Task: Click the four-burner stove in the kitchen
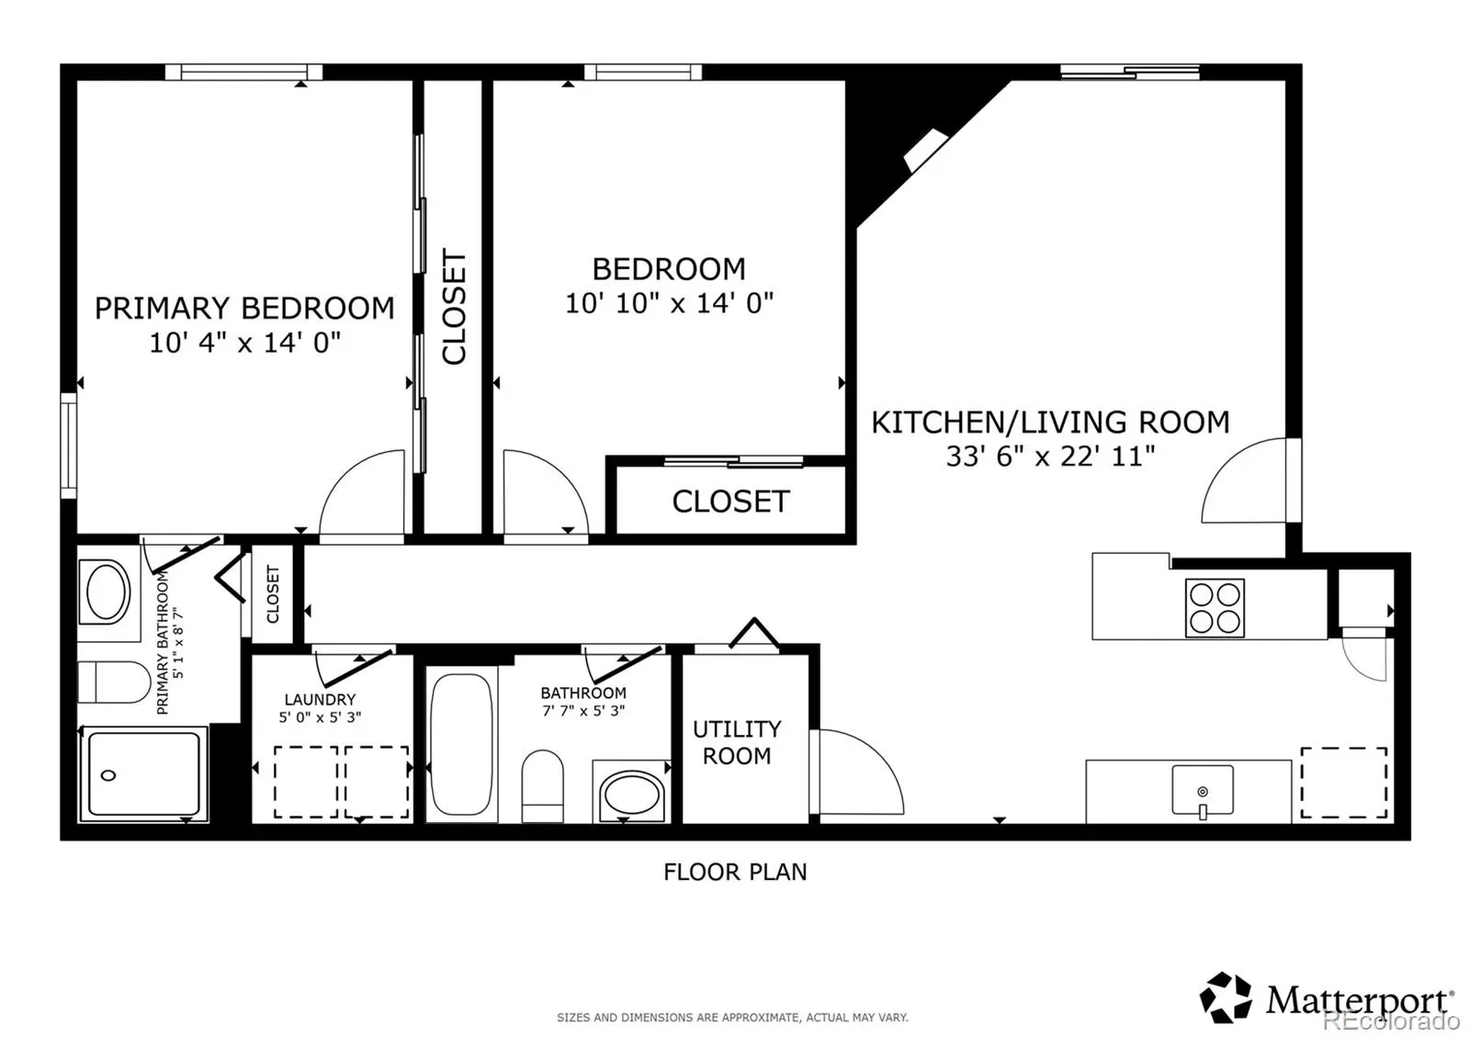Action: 1215,607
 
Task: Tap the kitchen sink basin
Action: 1203,790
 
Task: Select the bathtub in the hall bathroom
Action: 461,744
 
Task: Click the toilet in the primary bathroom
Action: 114,682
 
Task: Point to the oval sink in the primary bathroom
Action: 108,592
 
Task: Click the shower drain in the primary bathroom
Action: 108,775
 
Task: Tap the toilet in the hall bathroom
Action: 542,785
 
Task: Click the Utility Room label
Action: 737,742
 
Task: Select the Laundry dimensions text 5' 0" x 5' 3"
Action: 320,717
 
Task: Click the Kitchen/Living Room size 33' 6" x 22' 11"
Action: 1050,456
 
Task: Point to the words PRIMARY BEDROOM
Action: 244,309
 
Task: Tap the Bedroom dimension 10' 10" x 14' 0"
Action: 670,303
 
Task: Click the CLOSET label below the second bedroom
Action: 730,502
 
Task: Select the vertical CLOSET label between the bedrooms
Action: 454,307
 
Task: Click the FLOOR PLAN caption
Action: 735,872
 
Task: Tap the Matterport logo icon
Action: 1226,998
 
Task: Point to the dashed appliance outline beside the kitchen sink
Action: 1344,783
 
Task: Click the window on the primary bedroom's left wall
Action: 69,446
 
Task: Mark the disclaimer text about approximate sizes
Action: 732,1018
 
